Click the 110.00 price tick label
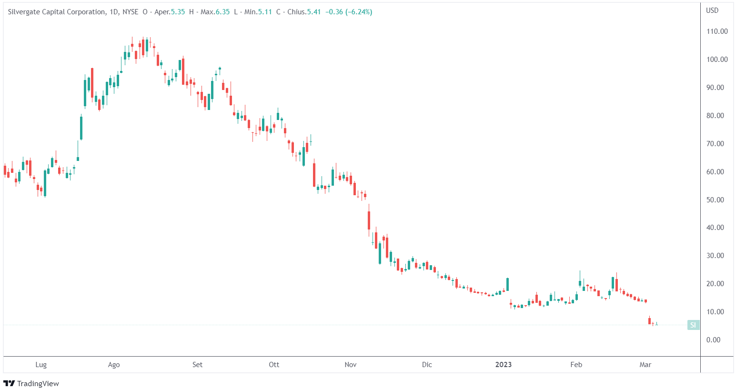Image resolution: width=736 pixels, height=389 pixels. point(717,31)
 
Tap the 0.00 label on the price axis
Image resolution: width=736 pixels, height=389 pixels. point(713,340)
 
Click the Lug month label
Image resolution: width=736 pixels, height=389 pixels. point(41,365)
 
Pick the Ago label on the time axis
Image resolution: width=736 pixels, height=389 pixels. point(114,365)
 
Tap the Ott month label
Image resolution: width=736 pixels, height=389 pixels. point(274,365)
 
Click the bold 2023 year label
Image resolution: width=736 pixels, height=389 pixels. point(504,365)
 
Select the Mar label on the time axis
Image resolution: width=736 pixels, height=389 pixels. point(645,365)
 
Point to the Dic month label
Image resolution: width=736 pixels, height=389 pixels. point(427,365)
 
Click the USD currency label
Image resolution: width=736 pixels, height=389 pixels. point(712,10)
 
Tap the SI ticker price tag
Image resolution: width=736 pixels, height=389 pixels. point(693,325)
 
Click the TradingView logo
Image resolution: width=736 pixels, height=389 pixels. point(31,383)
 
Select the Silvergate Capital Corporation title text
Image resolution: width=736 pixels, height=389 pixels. point(57,12)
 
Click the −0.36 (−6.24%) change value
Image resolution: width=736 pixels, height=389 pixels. point(349,12)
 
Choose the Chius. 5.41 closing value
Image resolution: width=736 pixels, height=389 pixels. point(304,12)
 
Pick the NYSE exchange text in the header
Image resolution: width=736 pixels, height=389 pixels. point(130,12)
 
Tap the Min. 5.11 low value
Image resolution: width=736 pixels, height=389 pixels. point(258,12)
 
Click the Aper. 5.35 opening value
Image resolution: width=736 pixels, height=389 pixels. point(170,12)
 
